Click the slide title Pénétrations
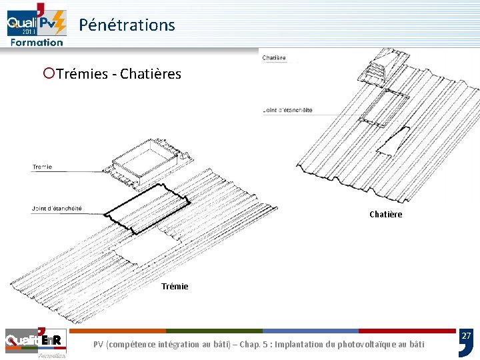(x=127, y=25)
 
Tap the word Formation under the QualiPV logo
(x=37, y=42)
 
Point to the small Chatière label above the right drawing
(x=274, y=58)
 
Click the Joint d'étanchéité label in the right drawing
(x=288, y=110)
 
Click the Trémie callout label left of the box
(x=42, y=167)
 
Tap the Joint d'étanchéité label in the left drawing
(x=57, y=209)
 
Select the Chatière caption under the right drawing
(x=385, y=214)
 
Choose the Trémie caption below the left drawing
(x=175, y=286)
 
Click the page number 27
(x=466, y=337)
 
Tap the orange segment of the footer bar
(x=117, y=331)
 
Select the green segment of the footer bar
(x=214, y=331)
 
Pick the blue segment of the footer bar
(x=310, y=331)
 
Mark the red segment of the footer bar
(x=407, y=331)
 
